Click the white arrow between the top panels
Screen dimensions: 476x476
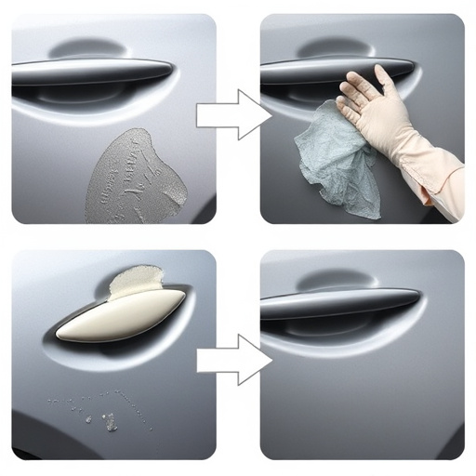click(232, 115)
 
